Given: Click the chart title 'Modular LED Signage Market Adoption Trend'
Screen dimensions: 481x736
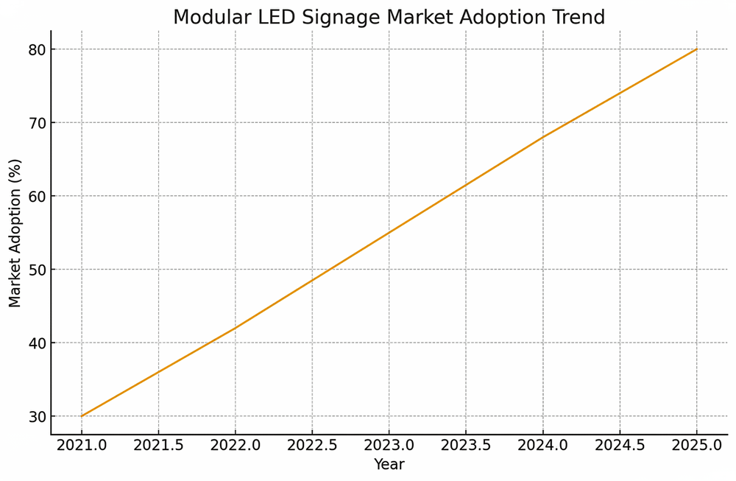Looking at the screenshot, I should (x=389, y=17).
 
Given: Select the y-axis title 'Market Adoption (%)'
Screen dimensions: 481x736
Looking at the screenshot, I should (x=15, y=233).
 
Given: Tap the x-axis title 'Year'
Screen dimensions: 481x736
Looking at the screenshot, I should (x=389, y=465).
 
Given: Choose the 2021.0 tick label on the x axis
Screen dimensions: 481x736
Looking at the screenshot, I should (x=82, y=445).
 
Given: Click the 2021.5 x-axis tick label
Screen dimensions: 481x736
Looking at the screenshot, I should (x=158, y=445).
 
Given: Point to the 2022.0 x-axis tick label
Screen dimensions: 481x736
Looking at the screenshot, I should (x=236, y=445).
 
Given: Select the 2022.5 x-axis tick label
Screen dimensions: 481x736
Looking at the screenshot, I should (x=312, y=445).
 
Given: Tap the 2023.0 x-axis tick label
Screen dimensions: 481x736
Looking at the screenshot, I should (x=389, y=445).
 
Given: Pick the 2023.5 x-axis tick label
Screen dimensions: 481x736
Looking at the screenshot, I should (x=466, y=445).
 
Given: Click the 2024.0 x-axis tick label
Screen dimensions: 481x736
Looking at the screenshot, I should (x=543, y=445).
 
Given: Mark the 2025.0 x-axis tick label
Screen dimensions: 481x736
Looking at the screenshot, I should (x=697, y=445).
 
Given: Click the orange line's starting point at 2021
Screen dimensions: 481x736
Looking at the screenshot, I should (x=82, y=416).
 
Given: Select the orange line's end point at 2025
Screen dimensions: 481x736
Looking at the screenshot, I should (x=697, y=49).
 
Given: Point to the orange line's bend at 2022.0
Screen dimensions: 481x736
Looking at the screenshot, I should (x=236, y=328).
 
